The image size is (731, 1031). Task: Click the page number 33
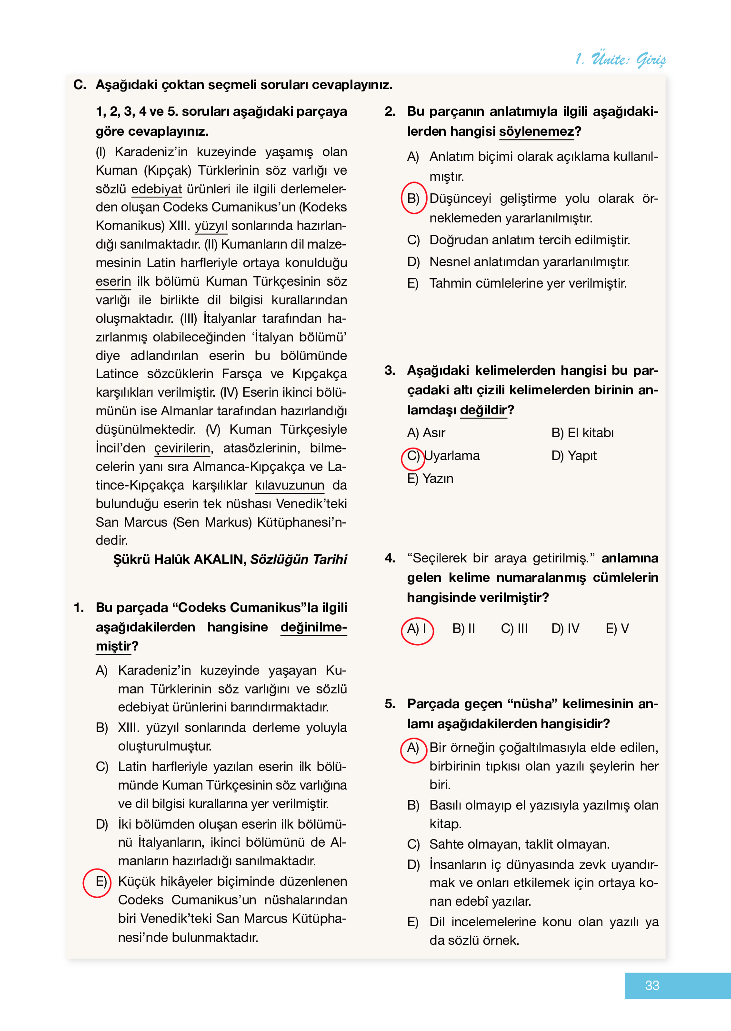coord(651,985)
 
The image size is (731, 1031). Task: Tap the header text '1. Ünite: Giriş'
coord(621,59)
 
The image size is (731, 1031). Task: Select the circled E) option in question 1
coord(98,882)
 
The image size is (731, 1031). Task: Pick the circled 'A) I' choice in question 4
coord(417,629)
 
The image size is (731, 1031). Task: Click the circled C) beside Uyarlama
coord(412,456)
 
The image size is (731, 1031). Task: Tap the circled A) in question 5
coord(413,748)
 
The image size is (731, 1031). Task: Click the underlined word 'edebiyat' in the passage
coord(156,189)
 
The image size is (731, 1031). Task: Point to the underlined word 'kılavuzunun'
coord(290,485)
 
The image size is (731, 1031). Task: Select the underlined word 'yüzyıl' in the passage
coord(211,226)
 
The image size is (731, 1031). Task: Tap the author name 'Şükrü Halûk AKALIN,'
coord(180,559)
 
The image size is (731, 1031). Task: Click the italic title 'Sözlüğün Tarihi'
coord(299,559)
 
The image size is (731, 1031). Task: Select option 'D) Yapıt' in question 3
coord(574,456)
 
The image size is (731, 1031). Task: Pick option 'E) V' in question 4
coord(617,629)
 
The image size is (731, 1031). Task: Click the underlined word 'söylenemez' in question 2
coord(536,131)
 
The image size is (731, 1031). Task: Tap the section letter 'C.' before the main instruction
coord(80,85)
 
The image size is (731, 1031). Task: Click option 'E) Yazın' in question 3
coord(430,479)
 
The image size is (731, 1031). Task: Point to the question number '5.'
coord(390,704)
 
